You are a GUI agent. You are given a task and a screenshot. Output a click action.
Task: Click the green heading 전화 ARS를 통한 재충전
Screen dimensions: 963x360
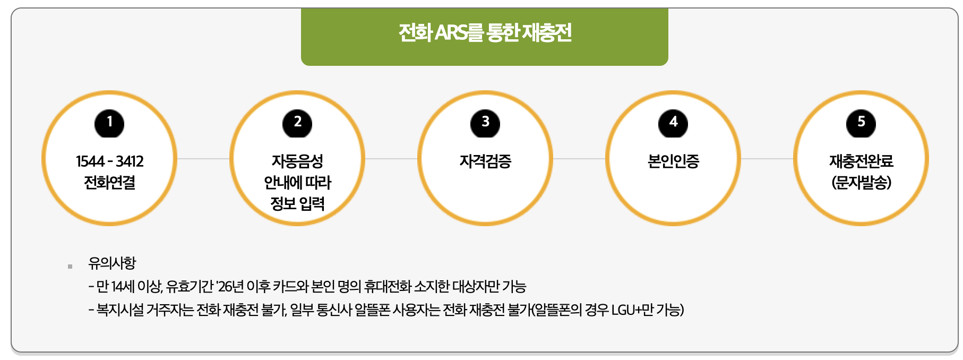tap(484, 33)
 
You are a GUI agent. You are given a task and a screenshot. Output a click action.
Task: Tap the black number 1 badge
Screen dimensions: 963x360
tap(109, 123)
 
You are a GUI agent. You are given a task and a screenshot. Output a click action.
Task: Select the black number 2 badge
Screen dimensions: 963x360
tap(297, 123)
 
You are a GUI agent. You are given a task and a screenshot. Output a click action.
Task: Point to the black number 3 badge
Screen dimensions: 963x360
tap(485, 123)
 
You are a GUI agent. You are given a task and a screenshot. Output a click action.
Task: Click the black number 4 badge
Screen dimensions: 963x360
tap(673, 123)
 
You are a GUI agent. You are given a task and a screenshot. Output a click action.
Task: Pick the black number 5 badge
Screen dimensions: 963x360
tap(861, 123)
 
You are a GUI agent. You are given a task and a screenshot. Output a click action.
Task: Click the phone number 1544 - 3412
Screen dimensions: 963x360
tap(109, 161)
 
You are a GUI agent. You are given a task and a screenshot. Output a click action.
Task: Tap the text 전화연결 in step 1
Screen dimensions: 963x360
tap(109, 183)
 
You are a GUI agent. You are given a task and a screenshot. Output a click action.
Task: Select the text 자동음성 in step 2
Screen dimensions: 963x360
tap(297, 161)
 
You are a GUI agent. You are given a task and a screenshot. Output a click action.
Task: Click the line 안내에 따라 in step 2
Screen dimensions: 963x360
tap(297, 183)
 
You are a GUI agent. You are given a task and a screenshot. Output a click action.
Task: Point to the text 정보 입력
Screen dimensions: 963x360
tap(297, 203)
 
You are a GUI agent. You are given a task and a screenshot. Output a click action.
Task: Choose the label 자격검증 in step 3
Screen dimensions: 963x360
tap(485, 161)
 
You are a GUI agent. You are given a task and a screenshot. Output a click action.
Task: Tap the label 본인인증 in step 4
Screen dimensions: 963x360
tap(673, 161)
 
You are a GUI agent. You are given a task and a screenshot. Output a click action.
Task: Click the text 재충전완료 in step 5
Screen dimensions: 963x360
tap(861, 161)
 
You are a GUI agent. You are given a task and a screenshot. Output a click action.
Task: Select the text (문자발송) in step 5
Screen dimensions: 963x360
tap(861, 183)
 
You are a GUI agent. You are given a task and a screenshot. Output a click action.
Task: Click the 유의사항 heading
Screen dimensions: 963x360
tap(112, 263)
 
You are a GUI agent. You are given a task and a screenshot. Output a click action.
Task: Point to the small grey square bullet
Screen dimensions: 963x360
tap(70, 266)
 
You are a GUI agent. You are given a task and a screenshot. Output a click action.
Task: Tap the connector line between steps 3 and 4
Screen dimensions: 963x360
tap(579, 158)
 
